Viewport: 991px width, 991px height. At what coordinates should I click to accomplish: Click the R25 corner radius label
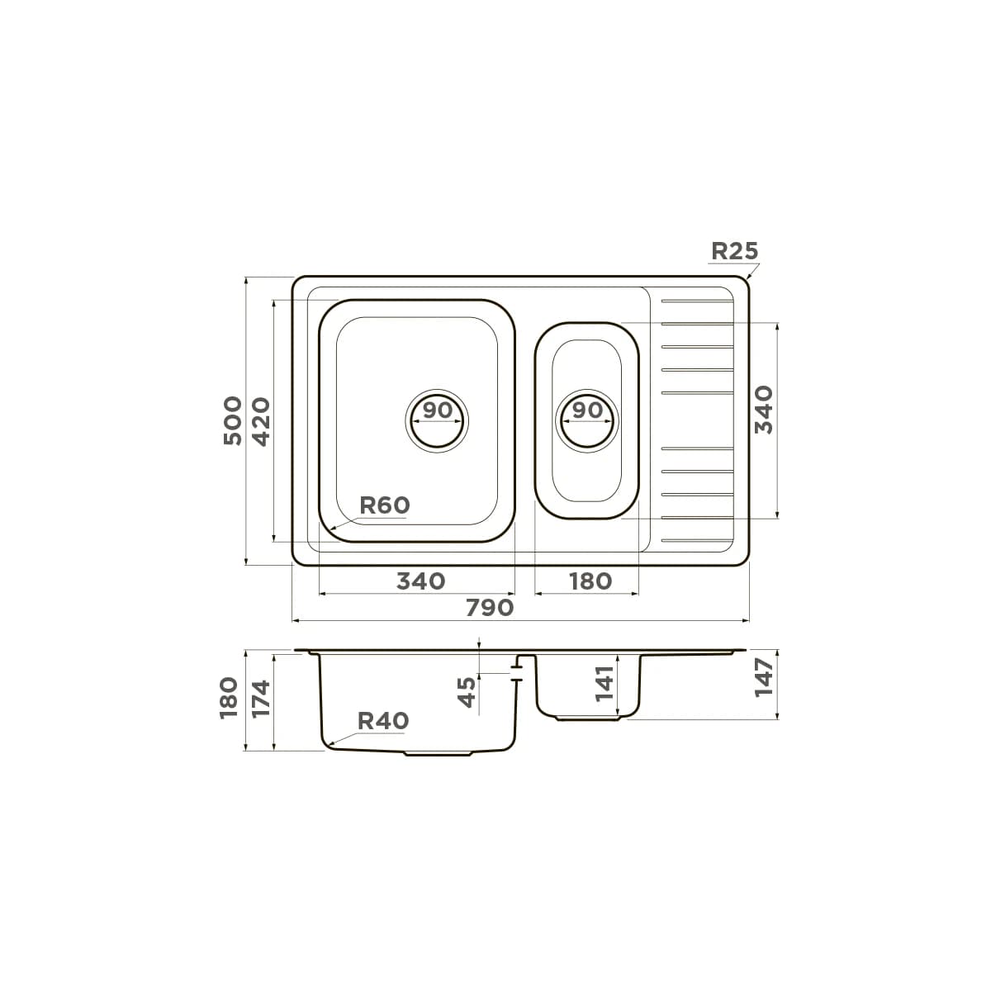pos(734,251)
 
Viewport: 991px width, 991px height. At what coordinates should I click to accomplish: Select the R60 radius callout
pos(384,505)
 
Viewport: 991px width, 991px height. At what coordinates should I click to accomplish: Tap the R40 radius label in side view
pos(383,720)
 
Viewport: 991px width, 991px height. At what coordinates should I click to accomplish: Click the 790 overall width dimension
pos(490,608)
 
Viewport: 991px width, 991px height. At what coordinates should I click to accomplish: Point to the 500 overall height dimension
pos(232,420)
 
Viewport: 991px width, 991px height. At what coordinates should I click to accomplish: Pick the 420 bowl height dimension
pos(261,421)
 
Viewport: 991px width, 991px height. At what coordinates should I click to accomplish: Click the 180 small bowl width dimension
pos(590,581)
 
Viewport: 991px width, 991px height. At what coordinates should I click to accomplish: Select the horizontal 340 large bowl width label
pos(420,581)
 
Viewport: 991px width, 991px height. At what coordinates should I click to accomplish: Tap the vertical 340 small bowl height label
pos(764,410)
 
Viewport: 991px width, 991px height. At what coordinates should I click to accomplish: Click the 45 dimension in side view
pos(467,692)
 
